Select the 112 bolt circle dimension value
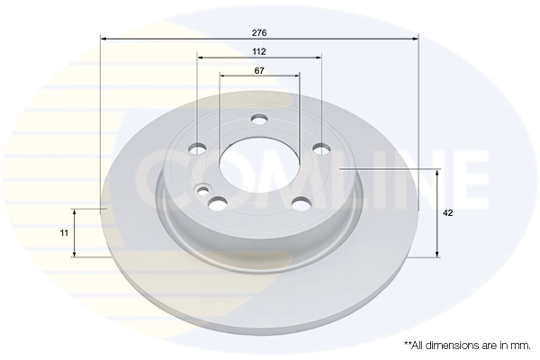point(259,50)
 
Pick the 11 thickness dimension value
point(63,232)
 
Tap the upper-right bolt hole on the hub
point(319,148)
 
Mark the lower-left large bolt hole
point(217,202)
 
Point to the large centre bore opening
point(258,163)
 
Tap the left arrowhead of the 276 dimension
point(103,39)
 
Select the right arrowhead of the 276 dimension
point(416,39)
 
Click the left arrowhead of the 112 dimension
point(200,58)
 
